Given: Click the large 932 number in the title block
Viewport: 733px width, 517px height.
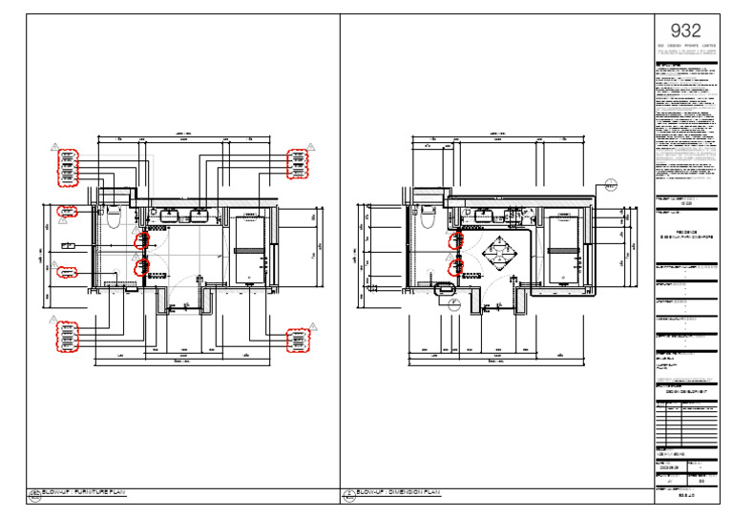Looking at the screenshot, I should [686, 31].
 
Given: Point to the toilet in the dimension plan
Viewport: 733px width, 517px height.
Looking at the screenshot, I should [426, 217].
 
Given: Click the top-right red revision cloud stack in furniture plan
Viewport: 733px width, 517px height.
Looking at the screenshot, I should [298, 164].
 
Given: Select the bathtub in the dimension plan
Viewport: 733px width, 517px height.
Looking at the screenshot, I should [562, 251].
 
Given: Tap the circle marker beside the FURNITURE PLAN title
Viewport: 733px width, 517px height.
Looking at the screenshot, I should [34, 494].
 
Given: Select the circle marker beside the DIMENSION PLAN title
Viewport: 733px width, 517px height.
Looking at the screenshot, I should [349, 494].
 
